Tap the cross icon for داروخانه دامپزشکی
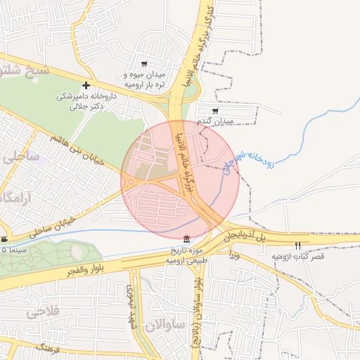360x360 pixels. (x=86, y=85)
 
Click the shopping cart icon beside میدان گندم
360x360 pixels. (x=214, y=110)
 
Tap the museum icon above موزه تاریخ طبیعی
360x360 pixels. (x=186, y=239)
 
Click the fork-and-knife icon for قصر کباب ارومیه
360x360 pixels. (x=298, y=246)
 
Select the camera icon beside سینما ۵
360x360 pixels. (x=4, y=239)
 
